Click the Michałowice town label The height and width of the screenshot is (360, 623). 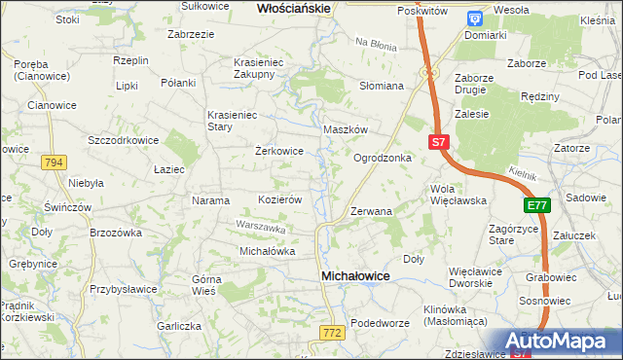coord(355,277)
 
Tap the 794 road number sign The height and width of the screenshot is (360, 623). coord(55,162)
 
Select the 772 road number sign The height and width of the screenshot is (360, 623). coord(331,333)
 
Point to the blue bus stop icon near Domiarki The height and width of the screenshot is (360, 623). coord(474,18)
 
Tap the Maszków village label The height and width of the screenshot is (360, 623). coord(345,129)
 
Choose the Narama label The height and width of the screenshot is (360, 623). coord(210,200)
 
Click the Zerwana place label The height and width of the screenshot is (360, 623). coord(371,210)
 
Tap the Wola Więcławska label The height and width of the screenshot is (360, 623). coord(458,195)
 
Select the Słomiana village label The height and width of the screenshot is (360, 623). coord(382,86)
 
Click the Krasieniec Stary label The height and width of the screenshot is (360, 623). coord(232,121)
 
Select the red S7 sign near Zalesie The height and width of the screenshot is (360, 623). coord(438,142)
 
